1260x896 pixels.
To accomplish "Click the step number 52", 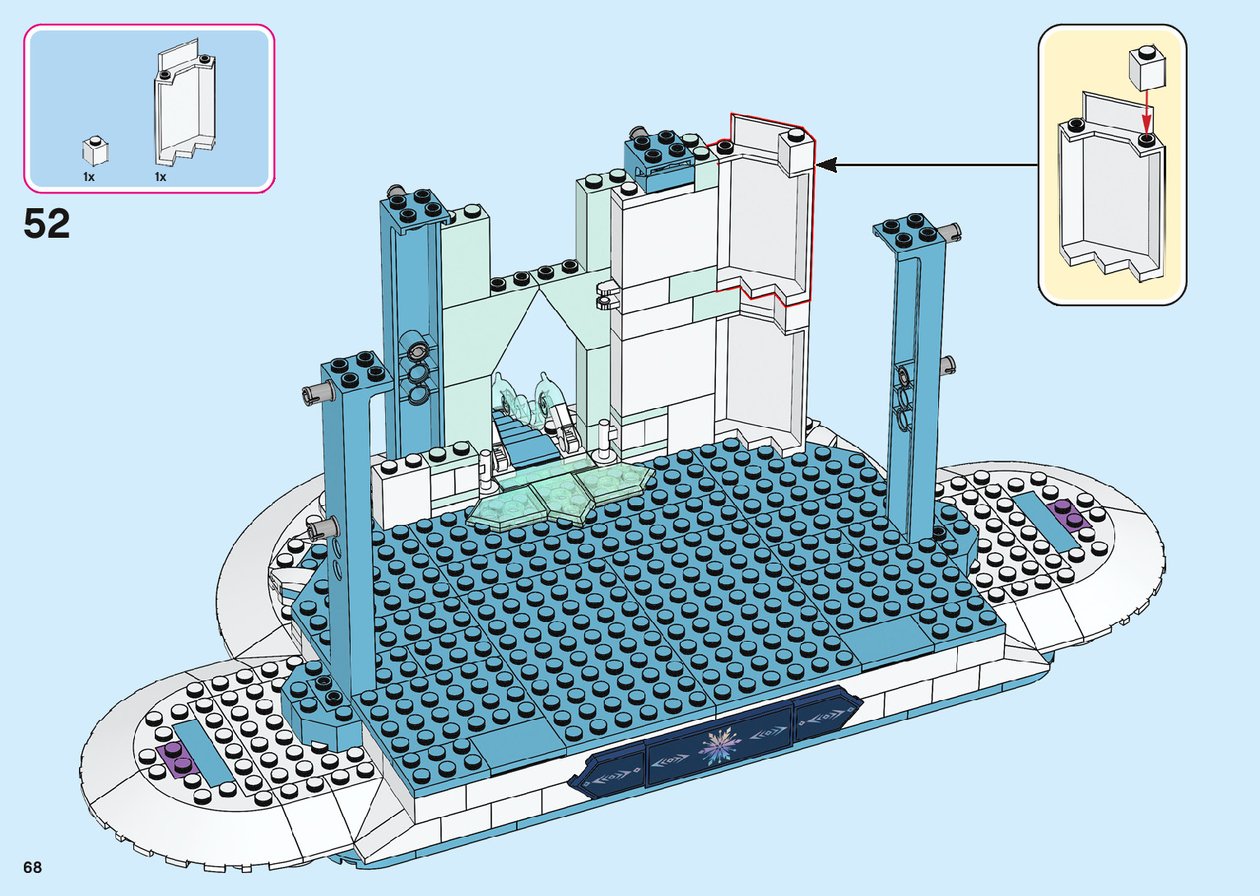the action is [47, 224].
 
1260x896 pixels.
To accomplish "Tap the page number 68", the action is [32, 867].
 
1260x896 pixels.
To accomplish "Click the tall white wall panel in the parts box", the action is [185, 107].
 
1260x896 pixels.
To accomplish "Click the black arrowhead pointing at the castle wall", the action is [826, 165].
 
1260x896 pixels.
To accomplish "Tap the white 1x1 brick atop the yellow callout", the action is [1147, 67].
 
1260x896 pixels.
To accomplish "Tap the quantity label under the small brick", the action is [89, 177].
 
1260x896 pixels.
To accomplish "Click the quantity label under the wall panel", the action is [160, 177].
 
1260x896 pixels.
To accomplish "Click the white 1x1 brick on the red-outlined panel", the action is [795, 152].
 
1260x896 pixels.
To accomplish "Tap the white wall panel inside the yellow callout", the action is [1111, 193].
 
